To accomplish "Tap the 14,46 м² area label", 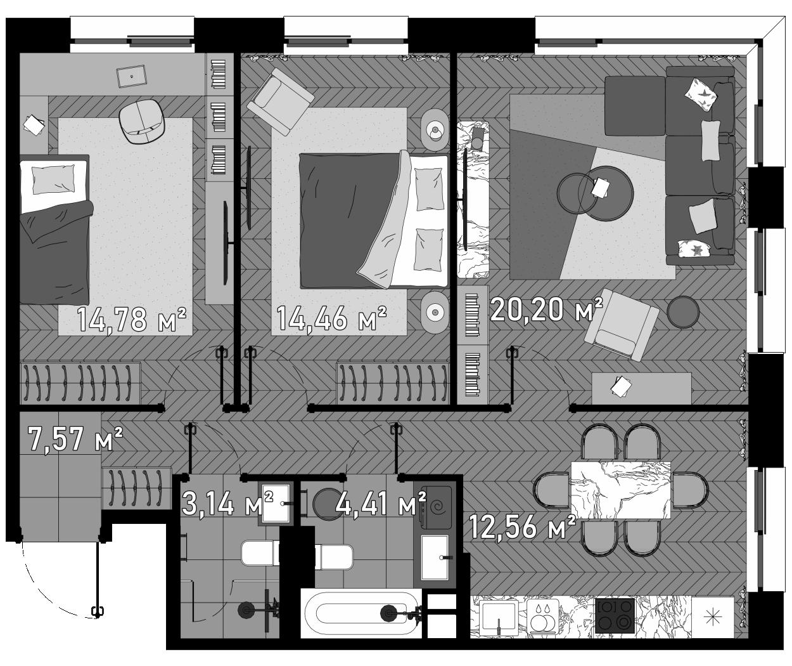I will pyautogui.click(x=331, y=318).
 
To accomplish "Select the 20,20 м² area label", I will pyautogui.click(x=546, y=310).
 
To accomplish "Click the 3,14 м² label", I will pyautogui.click(x=227, y=504).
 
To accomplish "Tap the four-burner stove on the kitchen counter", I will pyautogui.click(x=615, y=616).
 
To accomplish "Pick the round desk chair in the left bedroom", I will pyautogui.click(x=143, y=123).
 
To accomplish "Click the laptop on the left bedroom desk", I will pyautogui.click(x=132, y=76).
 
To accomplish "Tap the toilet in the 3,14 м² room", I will pyautogui.click(x=259, y=554).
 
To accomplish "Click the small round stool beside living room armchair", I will pyautogui.click(x=683, y=312).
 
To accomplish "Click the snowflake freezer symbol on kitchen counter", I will pyautogui.click(x=712, y=616).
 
